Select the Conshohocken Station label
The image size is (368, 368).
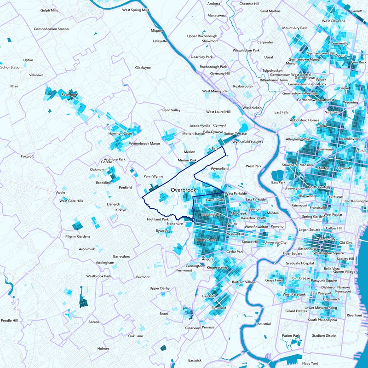(x=51, y=29)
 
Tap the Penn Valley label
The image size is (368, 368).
(x=172, y=110)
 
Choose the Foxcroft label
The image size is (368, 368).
(x=28, y=156)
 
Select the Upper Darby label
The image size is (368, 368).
(x=160, y=288)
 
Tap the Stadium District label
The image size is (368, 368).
(x=325, y=336)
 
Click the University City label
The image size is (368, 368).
(x=276, y=242)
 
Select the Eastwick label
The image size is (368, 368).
(x=195, y=360)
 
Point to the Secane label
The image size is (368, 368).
(x=94, y=322)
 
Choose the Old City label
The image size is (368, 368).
(x=345, y=242)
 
